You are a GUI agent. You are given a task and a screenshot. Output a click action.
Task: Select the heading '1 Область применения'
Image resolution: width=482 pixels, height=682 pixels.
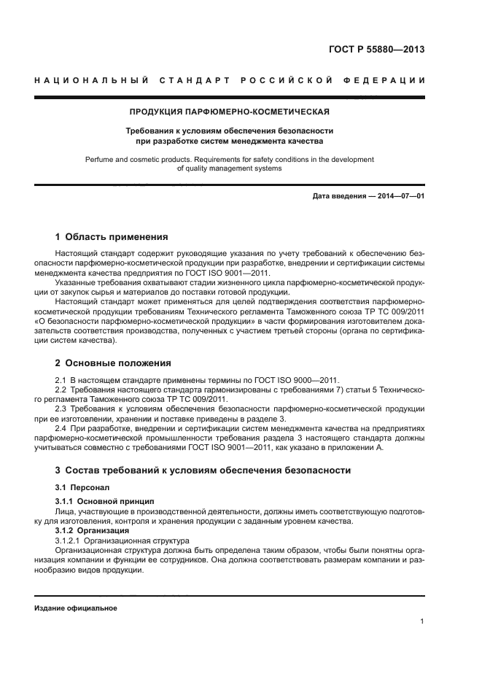point(112,237)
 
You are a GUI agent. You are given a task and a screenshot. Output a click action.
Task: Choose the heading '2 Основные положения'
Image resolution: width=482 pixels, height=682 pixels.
point(113,363)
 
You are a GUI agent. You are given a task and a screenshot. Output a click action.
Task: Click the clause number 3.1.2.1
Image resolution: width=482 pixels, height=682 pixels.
point(68,540)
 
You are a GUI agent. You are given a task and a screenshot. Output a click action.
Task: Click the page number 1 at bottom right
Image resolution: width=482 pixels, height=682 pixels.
point(422,621)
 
